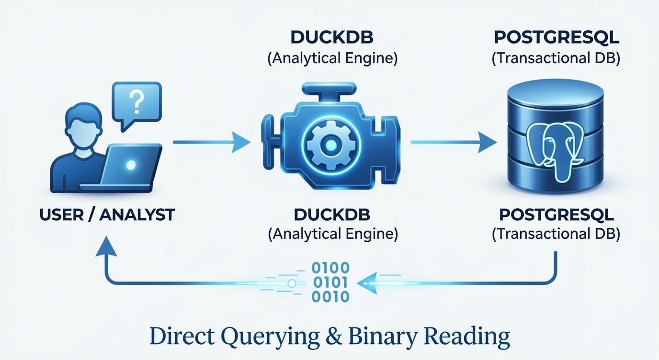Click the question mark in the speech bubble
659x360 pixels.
[x=137, y=101]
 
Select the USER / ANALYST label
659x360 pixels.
[x=107, y=215]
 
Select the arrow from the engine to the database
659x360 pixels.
[x=453, y=142]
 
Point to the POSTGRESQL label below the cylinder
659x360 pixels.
[x=556, y=215]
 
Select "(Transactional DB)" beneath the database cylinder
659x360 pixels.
[x=556, y=234]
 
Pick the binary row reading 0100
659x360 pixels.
[x=330, y=268]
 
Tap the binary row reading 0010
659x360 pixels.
[x=330, y=297]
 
